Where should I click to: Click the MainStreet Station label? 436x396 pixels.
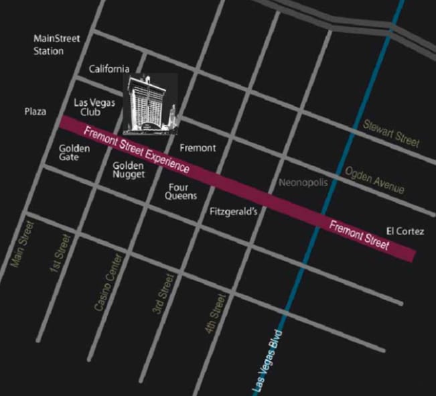tap(57, 45)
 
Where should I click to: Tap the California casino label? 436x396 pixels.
tap(108, 69)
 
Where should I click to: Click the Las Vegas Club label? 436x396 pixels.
tap(94, 107)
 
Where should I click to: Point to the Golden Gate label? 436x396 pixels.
tap(74, 153)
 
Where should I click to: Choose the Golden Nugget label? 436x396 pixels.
tap(129, 170)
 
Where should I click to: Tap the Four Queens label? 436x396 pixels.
tap(181, 192)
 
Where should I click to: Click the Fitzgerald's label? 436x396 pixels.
tap(233, 211)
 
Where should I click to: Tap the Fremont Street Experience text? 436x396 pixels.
tap(137, 148)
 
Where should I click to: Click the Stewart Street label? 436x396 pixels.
tap(391, 133)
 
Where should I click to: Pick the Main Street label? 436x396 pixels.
tap(23, 244)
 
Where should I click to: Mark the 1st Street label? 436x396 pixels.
tap(60, 253)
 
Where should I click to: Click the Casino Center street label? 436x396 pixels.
tap(109, 281)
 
